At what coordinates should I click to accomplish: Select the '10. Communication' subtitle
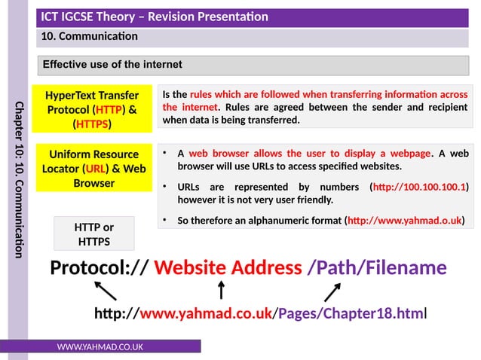pos(90,35)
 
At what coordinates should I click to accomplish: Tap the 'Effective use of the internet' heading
pos(112,65)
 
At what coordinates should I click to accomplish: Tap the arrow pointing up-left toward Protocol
pos(106,291)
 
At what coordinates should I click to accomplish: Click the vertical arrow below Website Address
pos(221,290)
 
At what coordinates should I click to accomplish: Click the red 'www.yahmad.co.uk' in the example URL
pos(206,313)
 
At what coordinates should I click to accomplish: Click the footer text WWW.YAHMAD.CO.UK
pos(101,346)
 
